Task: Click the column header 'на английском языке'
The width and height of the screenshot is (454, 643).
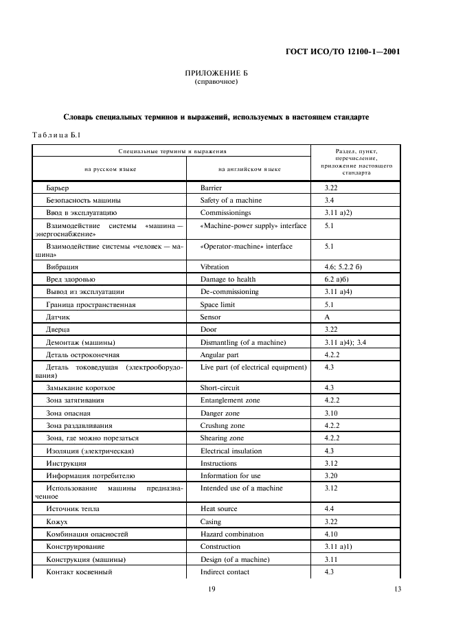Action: (249, 168)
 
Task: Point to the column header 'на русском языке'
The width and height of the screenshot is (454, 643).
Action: (110, 168)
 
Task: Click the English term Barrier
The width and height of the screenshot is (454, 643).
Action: (211, 188)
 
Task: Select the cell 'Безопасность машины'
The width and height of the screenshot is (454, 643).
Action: (84, 200)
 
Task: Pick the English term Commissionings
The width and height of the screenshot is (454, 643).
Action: (225, 213)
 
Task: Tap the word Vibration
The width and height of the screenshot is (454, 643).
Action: (214, 267)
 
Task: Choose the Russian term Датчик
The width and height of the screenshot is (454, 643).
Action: (58, 317)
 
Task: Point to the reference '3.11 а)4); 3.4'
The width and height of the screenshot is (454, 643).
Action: (348, 342)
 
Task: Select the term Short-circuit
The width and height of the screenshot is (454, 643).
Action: (219, 388)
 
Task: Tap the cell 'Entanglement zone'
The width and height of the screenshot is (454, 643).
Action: (230, 401)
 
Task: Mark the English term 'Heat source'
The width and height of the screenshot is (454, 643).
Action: (218, 509)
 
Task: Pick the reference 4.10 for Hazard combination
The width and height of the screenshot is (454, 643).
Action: (331, 534)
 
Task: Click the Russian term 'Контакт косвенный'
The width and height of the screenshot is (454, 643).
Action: (79, 572)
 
